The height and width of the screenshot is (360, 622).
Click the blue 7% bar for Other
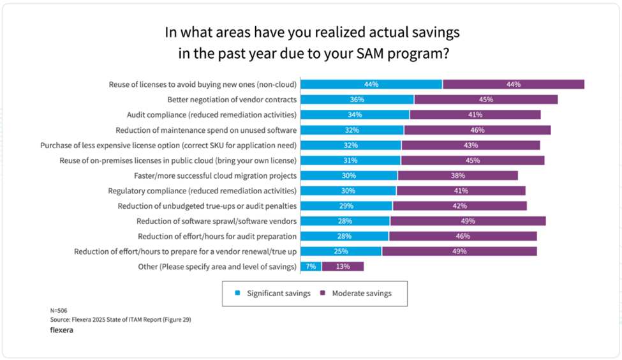pyautogui.click(x=311, y=267)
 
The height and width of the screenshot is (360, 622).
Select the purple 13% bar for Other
pyautogui.click(x=343, y=267)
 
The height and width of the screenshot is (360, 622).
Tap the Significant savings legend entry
pyautogui.click(x=272, y=294)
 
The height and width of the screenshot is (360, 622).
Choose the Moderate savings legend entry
pyautogui.click(x=356, y=294)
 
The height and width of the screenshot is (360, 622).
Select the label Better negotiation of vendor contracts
pyautogui.click(x=232, y=100)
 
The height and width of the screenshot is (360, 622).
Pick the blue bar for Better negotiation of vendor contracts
pyautogui.click(x=357, y=100)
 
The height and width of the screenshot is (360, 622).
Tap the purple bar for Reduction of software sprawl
pyautogui.click(x=468, y=221)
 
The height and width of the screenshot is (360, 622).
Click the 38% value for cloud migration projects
pyautogui.click(x=457, y=176)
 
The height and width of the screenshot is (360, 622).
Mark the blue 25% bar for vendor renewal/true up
pyautogui.click(x=341, y=251)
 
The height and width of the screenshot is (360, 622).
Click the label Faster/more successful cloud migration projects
pyautogui.click(x=215, y=176)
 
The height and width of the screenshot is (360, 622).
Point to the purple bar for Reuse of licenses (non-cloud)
pyautogui.click(x=514, y=84)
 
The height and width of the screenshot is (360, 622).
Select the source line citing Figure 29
pyautogui.click(x=120, y=319)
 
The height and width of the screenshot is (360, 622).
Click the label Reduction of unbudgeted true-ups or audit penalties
pyautogui.click(x=207, y=206)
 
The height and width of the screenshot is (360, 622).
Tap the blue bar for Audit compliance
pyautogui.click(x=355, y=115)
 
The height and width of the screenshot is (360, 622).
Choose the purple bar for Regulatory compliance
pyautogui.click(x=461, y=191)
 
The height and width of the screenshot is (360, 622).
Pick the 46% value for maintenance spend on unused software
pyautogui.click(x=477, y=130)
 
